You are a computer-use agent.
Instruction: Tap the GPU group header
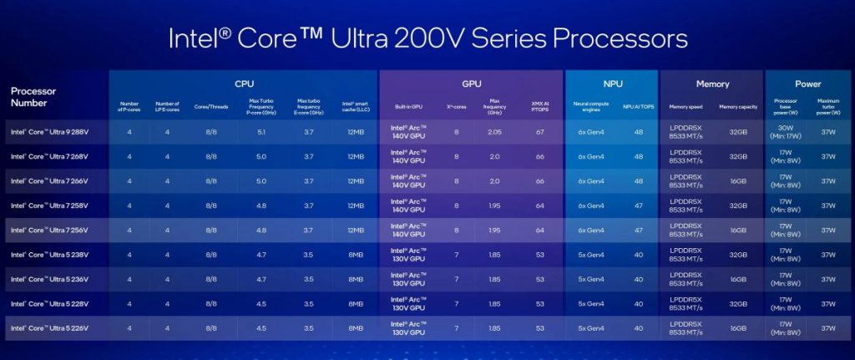[x=471, y=84]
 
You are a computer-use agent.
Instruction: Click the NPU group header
[x=611, y=84]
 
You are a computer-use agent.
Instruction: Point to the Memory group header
[x=712, y=84]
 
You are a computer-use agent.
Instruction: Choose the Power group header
[x=807, y=84]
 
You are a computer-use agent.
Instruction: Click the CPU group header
[x=244, y=84]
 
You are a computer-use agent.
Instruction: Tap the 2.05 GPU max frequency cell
[x=494, y=132]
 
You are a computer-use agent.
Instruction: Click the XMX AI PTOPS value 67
[x=540, y=132]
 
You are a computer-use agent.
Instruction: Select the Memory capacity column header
[x=738, y=107]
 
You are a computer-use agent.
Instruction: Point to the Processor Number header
[x=34, y=97]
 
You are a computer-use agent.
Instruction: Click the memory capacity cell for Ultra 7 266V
[x=738, y=180]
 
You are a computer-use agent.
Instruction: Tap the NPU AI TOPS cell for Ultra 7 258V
[x=638, y=205]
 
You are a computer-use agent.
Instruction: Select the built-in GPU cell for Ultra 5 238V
[x=408, y=254]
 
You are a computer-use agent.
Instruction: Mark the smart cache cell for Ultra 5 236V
[x=355, y=278]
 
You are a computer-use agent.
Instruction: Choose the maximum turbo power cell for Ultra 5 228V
[x=828, y=303]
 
